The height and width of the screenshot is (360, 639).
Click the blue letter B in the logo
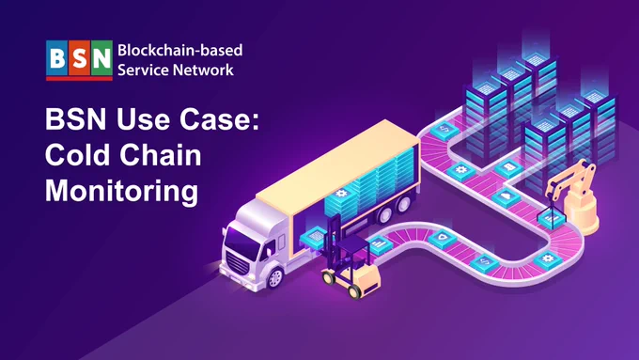(x=57, y=58)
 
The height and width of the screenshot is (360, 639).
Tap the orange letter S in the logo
(x=80, y=58)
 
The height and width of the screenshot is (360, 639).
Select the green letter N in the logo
(x=101, y=58)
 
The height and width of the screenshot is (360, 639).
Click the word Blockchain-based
(x=180, y=50)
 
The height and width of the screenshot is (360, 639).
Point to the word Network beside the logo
(x=203, y=70)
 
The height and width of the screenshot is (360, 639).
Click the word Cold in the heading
(x=78, y=155)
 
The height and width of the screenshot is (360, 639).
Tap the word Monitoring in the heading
(x=121, y=191)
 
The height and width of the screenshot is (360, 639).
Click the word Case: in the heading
(x=219, y=119)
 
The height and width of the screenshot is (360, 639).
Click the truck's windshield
(x=242, y=243)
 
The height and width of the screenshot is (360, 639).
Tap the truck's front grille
(x=237, y=262)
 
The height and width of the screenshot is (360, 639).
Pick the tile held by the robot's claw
(x=552, y=218)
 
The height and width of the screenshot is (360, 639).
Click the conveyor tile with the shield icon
(x=443, y=238)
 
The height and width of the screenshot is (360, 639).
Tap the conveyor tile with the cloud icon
(x=506, y=196)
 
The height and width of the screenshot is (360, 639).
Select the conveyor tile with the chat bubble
(x=509, y=167)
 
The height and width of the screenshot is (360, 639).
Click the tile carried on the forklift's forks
(x=314, y=237)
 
